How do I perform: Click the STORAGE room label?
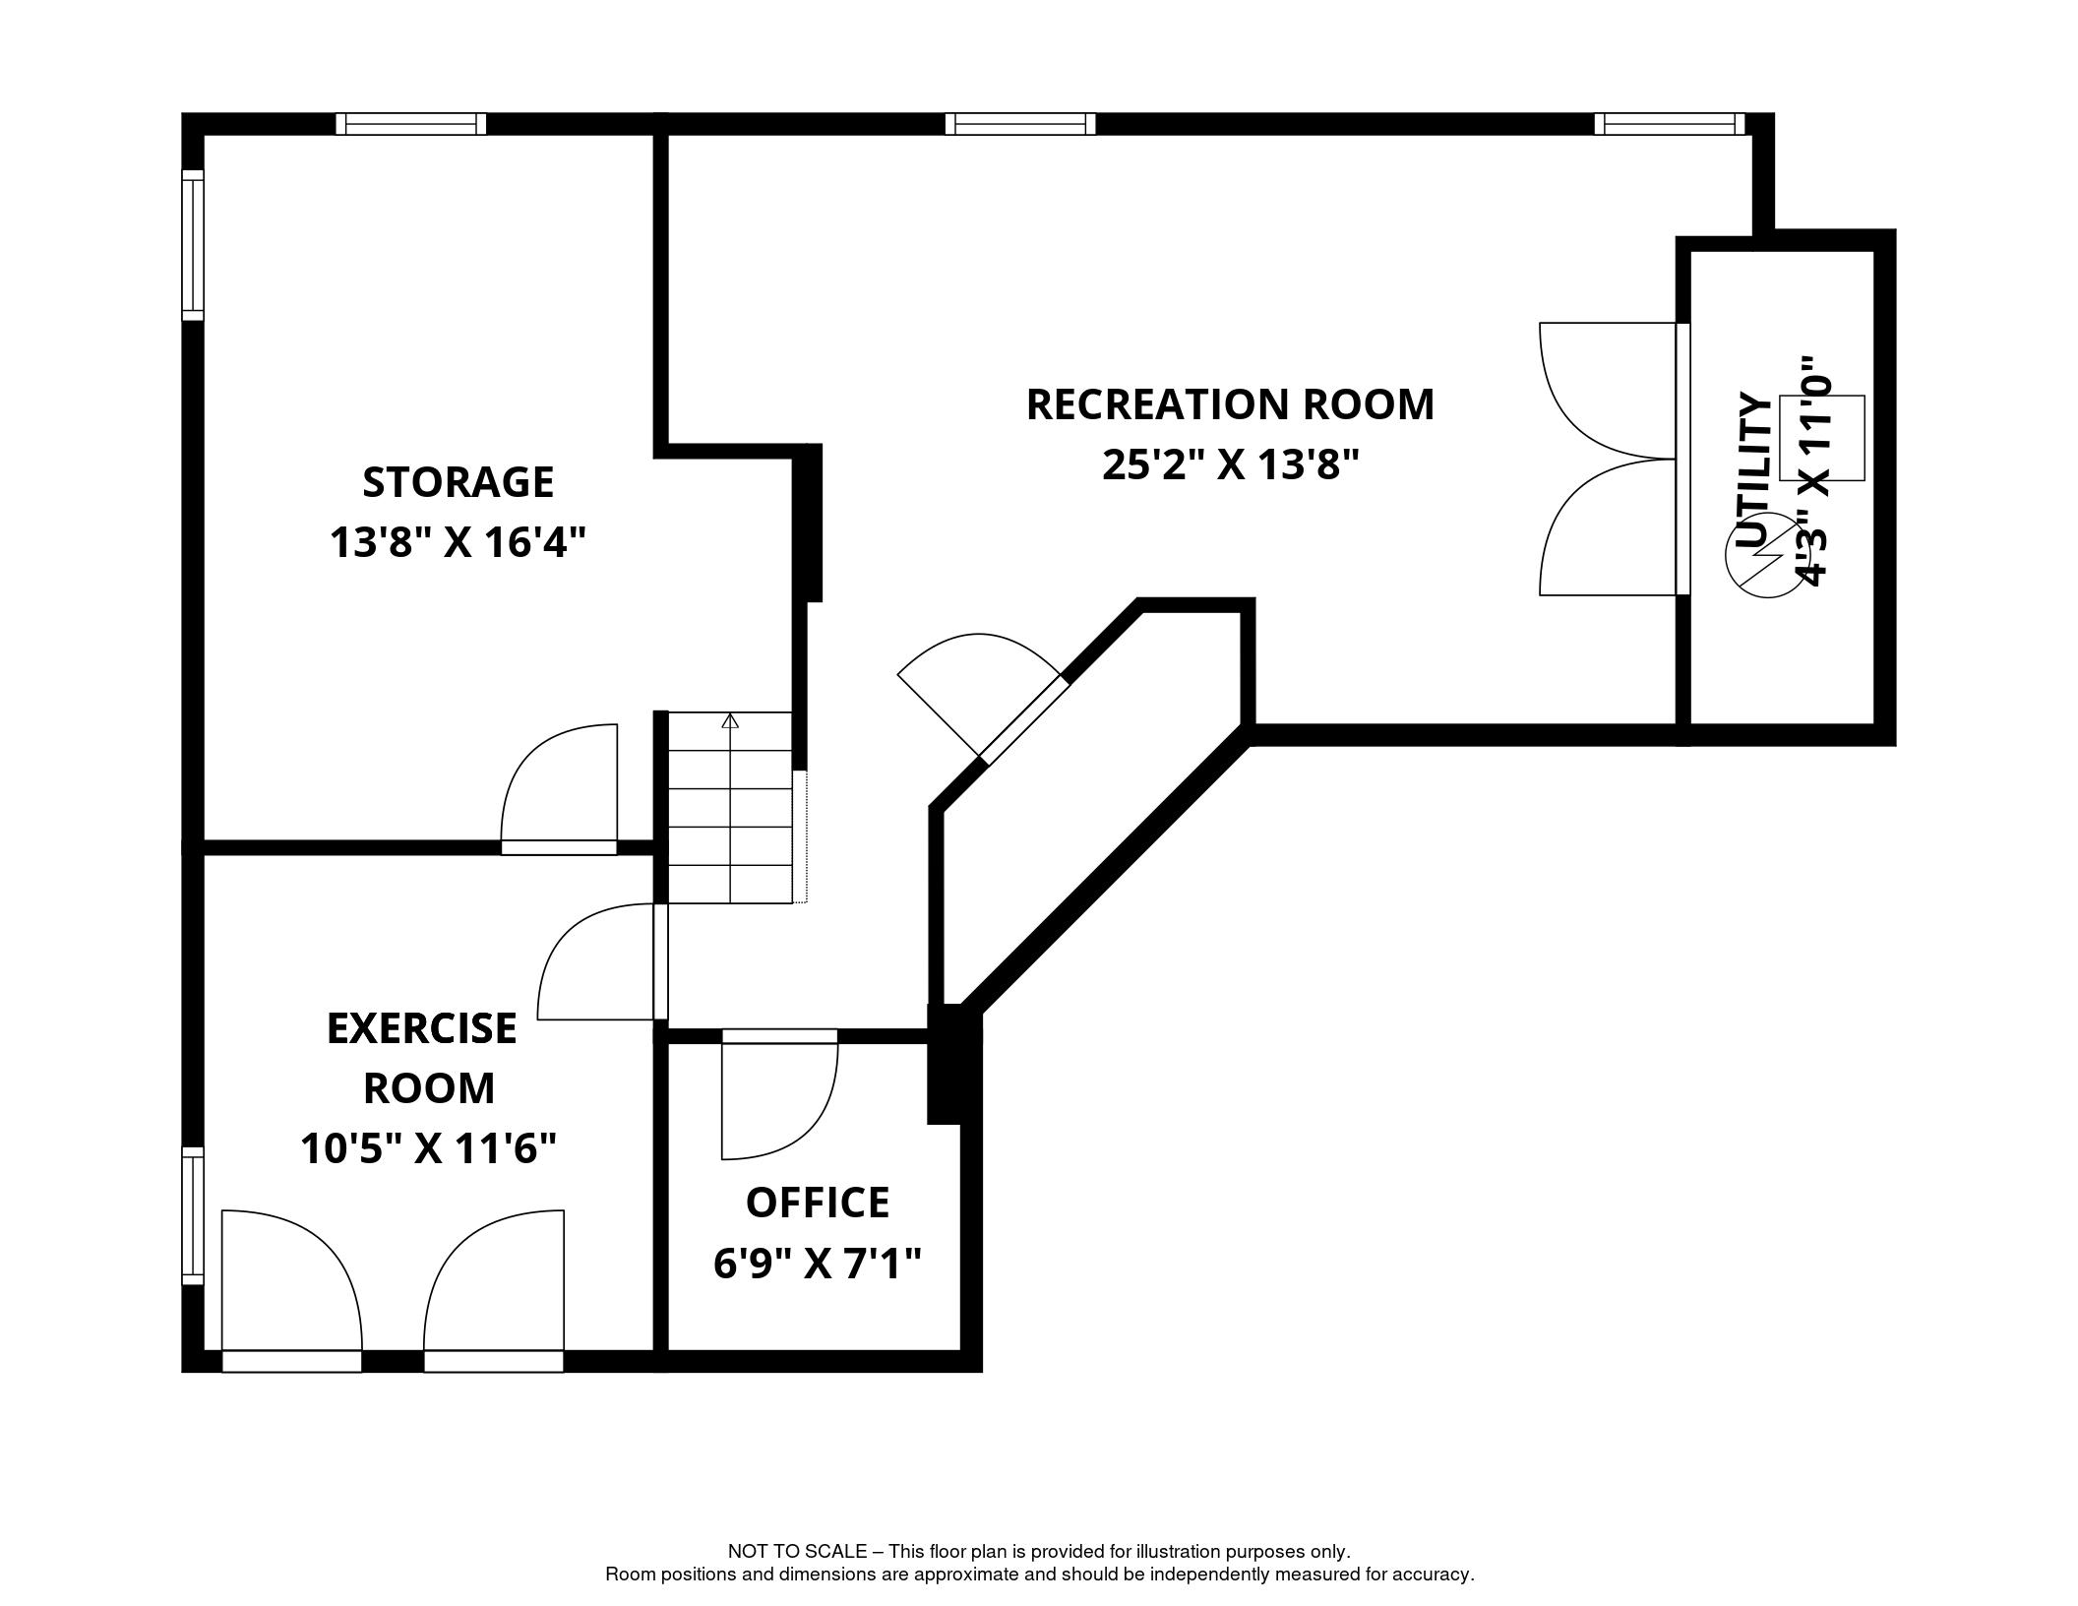coord(458,482)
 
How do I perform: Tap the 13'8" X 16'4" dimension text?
coord(458,542)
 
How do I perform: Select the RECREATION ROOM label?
coord(1230,404)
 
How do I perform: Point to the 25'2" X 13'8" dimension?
coord(1230,464)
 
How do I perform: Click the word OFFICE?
coord(818,1203)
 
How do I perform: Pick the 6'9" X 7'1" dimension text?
coord(818,1263)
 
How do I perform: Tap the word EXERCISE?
coord(422,1028)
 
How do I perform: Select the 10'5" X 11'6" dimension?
coord(429,1147)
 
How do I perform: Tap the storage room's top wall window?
coord(411,124)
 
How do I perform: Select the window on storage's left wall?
coord(193,245)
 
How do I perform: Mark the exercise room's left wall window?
coord(193,1215)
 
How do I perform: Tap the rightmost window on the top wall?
coord(1670,124)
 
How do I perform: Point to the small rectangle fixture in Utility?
coord(1822,438)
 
